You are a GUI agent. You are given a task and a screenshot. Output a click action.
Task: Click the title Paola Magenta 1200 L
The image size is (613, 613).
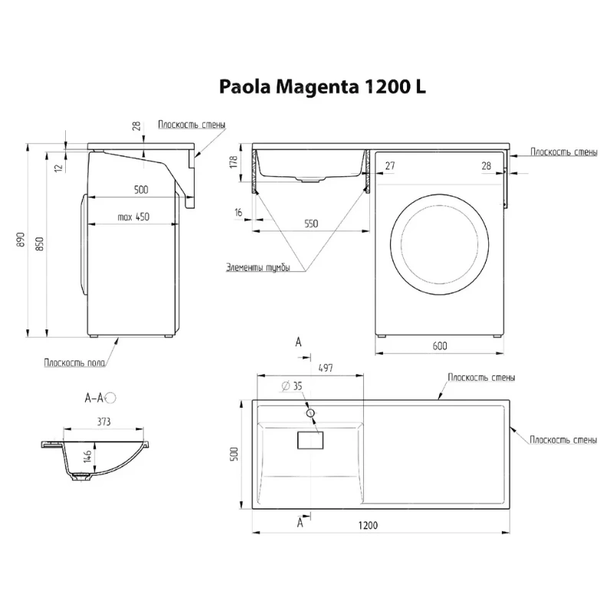pyautogui.click(x=322, y=87)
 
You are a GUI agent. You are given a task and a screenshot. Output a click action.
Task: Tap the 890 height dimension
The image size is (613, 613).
pyautogui.click(x=21, y=240)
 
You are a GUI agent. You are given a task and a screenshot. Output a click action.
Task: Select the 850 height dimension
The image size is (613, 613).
pyautogui.click(x=40, y=244)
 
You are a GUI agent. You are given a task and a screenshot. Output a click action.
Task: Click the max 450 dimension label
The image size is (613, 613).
pyautogui.click(x=133, y=217)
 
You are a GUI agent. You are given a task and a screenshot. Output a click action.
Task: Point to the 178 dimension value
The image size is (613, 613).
pyautogui.click(x=234, y=162)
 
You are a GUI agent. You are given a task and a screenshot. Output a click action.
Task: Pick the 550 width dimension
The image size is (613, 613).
pyautogui.click(x=311, y=224)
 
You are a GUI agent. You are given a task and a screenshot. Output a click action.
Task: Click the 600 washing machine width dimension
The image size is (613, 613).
pyautogui.click(x=440, y=346)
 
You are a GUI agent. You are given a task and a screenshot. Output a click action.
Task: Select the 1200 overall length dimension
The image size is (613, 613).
pyautogui.click(x=368, y=525)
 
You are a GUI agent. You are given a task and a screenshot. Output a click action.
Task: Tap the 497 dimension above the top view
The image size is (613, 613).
pyautogui.click(x=326, y=368)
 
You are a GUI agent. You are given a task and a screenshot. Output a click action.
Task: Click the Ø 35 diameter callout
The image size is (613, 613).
pyautogui.click(x=292, y=386)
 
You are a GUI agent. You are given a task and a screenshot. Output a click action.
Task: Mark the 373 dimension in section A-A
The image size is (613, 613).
pyautogui.click(x=104, y=421)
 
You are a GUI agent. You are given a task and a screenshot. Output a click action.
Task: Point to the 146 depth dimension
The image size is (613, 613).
pyautogui.click(x=87, y=456)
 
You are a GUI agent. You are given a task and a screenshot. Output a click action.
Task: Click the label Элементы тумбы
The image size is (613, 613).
pyautogui.click(x=258, y=267)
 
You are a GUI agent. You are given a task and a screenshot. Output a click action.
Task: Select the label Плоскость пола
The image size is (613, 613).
pyautogui.click(x=74, y=362)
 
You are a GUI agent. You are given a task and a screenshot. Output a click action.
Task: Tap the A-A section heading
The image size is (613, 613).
pyautogui.click(x=94, y=398)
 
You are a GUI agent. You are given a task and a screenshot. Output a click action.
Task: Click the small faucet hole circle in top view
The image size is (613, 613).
pyautogui.click(x=310, y=412)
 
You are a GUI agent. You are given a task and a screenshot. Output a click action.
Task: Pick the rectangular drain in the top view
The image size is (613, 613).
pyautogui.click(x=310, y=440)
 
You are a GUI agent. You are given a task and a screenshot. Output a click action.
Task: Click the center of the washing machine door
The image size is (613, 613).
pyautogui.click(x=439, y=244)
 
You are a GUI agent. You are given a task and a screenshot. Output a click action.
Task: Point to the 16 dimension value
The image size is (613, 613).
pyautogui.click(x=238, y=212)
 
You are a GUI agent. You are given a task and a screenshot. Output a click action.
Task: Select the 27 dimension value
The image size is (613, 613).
pyautogui.click(x=390, y=166)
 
